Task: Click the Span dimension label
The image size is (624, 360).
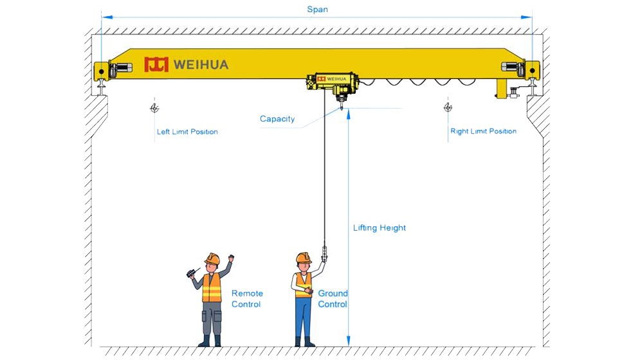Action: coord(317,10)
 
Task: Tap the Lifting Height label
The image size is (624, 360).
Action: coord(380,228)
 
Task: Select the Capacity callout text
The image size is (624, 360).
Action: coord(277,119)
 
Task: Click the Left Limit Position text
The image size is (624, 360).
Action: coord(187,132)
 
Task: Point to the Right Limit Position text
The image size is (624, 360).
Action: coord(483,131)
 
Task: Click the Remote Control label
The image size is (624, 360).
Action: coord(247,298)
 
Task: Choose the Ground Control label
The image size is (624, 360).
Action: coord(333,298)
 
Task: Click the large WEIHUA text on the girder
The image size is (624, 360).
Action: coord(201,65)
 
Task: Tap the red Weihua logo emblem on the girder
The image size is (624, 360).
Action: coord(156,64)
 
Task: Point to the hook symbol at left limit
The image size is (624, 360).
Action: coord(154,108)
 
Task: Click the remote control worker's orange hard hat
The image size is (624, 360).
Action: coord(212,258)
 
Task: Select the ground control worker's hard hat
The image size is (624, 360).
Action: coord(303,258)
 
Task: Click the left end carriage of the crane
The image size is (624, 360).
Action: coord(106,71)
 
